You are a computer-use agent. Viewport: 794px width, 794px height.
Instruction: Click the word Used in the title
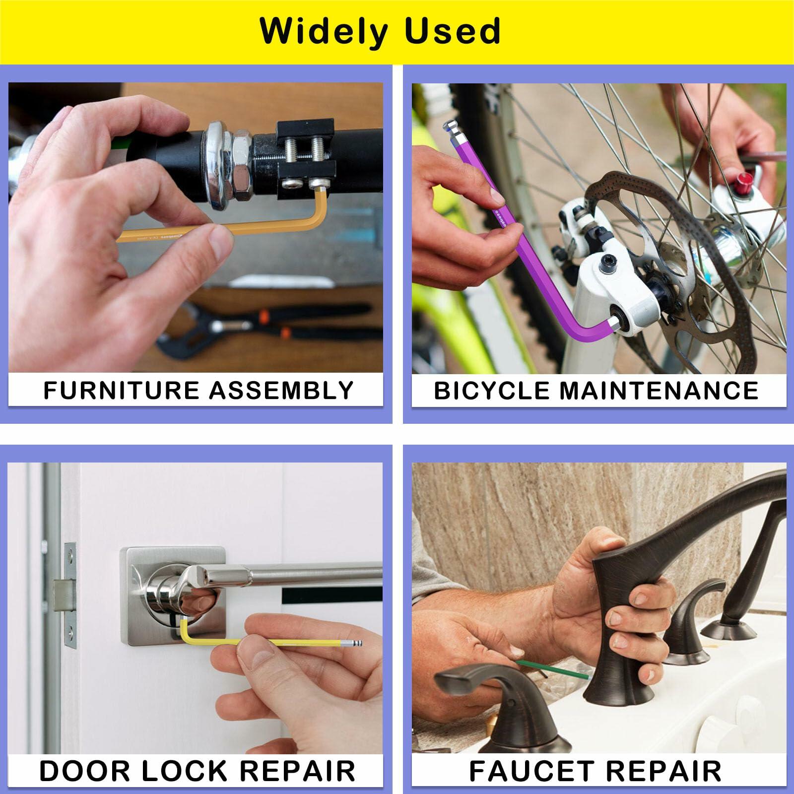452,31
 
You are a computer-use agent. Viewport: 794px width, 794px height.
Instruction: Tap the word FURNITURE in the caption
121,390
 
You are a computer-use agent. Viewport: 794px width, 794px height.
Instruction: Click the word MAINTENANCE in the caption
659,390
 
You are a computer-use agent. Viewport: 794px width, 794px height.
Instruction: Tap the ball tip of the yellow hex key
357,643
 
